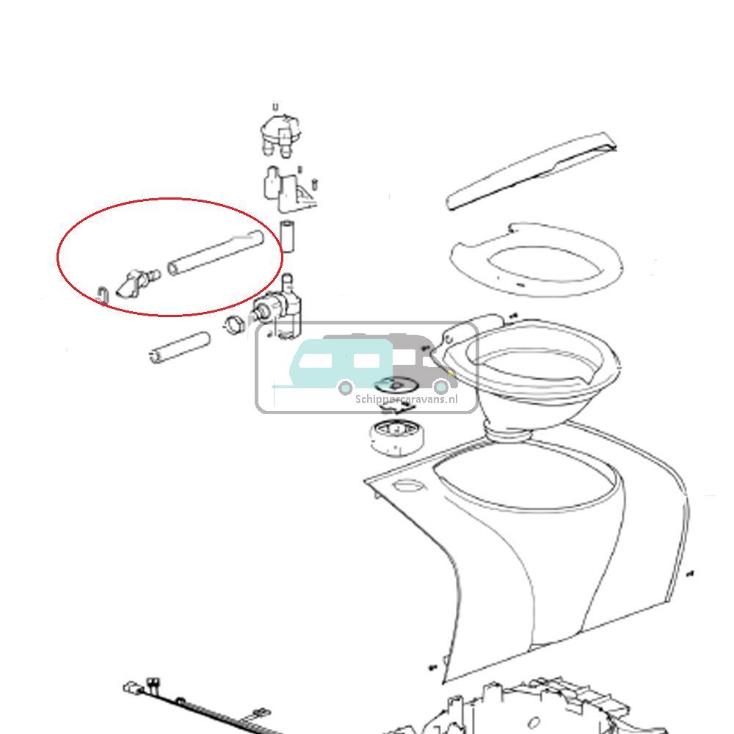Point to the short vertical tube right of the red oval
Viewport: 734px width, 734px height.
point(288,235)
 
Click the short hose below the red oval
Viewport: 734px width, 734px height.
point(179,346)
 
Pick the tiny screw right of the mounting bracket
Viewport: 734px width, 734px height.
point(314,182)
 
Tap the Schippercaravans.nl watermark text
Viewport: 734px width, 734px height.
point(406,399)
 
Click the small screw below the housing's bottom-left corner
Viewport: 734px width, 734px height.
point(432,667)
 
